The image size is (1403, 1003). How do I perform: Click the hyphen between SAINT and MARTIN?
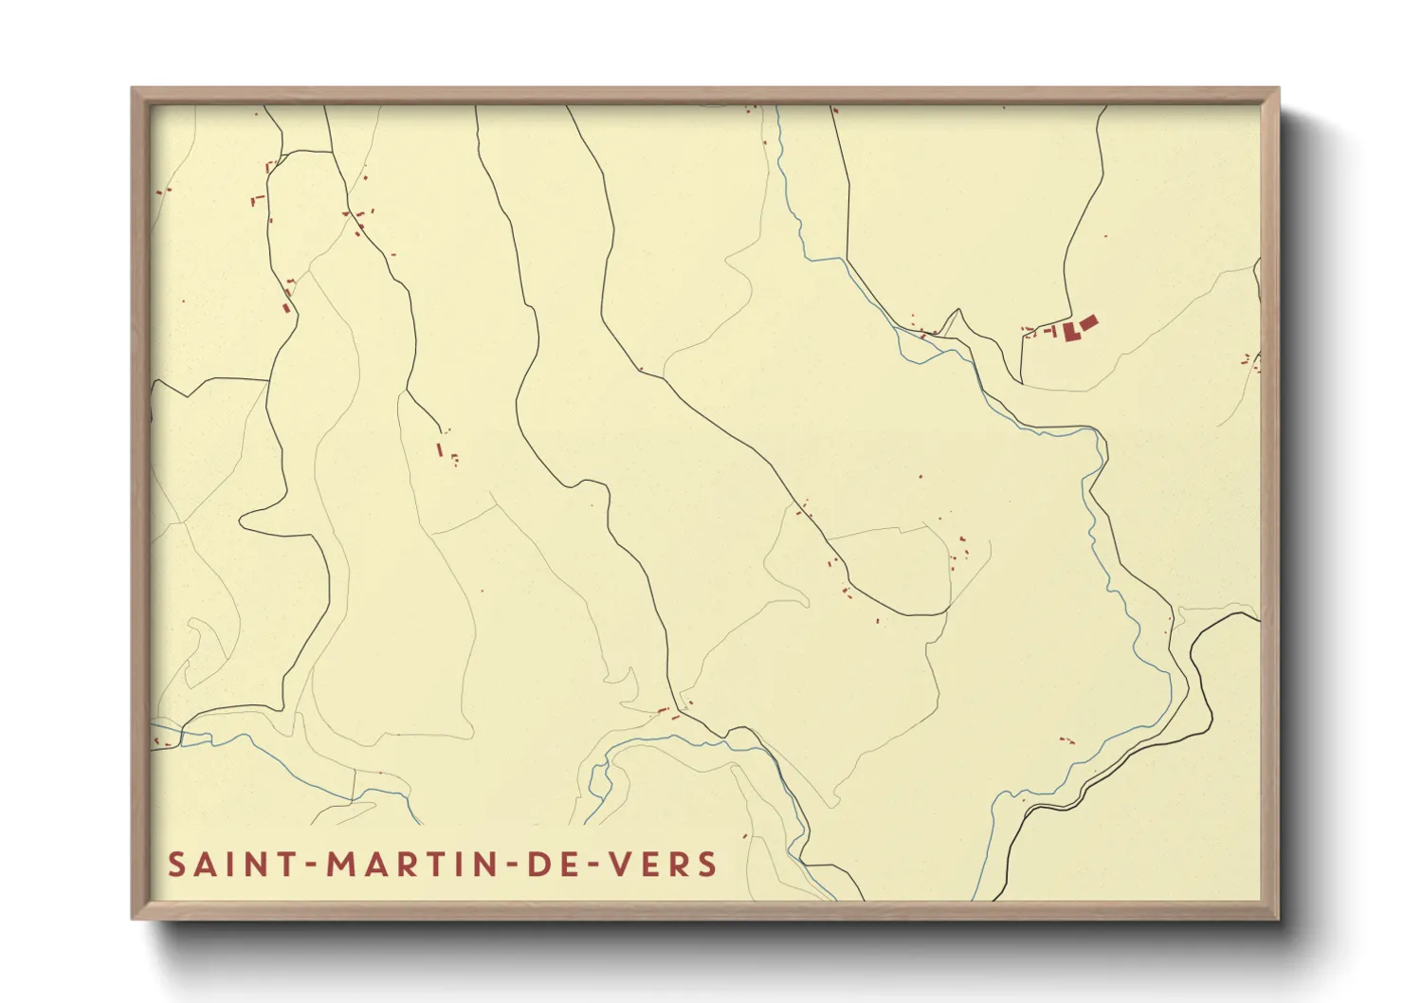pyautogui.click(x=309, y=866)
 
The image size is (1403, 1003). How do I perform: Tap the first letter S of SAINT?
pyautogui.click(x=176, y=865)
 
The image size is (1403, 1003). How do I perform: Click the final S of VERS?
pyautogui.click(x=707, y=865)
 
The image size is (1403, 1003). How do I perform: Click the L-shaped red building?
pyautogui.click(x=1071, y=332)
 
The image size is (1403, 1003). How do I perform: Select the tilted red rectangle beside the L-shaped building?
pyautogui.click(x=1088, y=323)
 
